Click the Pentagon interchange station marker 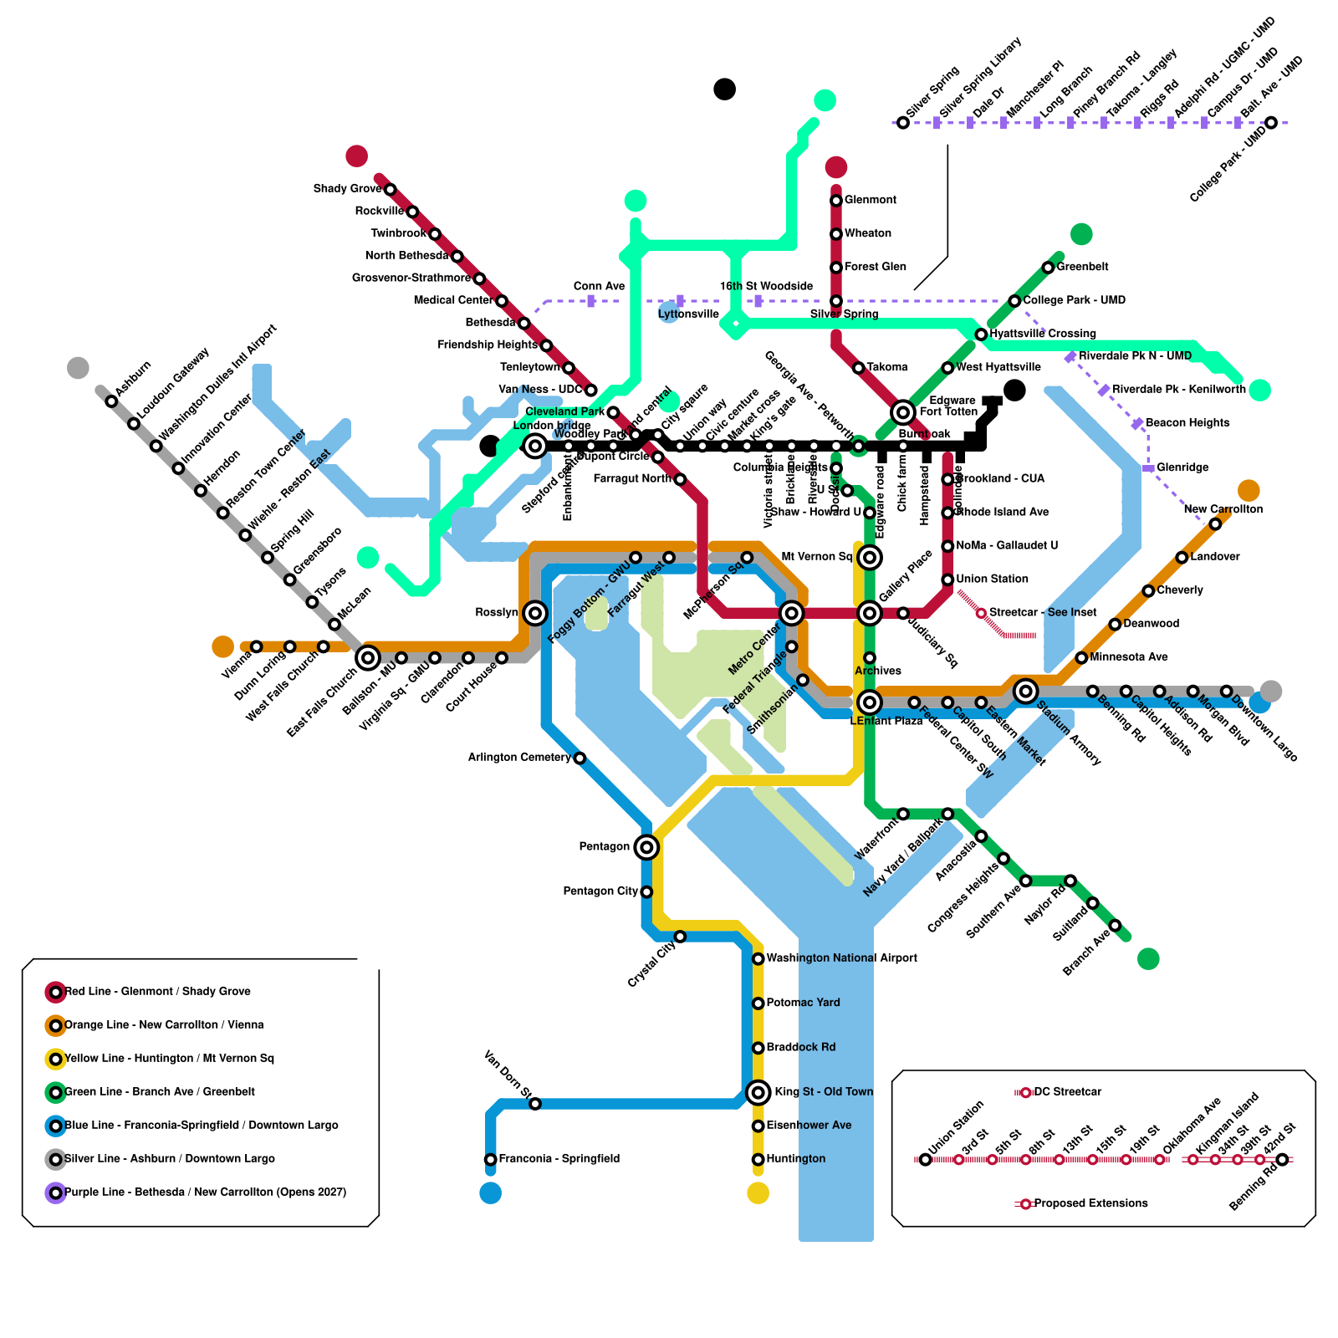[x=646, y=847]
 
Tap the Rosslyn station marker [x=535, y=613]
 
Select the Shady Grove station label [x=347, y=189]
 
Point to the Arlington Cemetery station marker [x=580, y=758]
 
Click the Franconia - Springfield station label [x=559, y=1159]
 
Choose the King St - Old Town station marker [x=758, y=1092]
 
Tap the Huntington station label [x=795, y=1159]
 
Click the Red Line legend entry [x=157, y=992]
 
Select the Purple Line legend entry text [x=205, y=1192]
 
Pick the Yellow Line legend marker [x=55, y=1060]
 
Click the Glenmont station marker [x=835, y=201]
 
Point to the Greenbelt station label [x=1082, y=268]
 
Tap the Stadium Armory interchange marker [x=1025, y=691]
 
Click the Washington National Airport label [x=841, y=958]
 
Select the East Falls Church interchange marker [x=368, y=658]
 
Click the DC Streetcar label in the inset [x=1067, y=1092]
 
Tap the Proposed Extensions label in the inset [x=1090, y=1204]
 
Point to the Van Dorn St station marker [x=535, y=1104]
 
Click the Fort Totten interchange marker [x=902, y=412]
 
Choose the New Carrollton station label [x=1223, y=509]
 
